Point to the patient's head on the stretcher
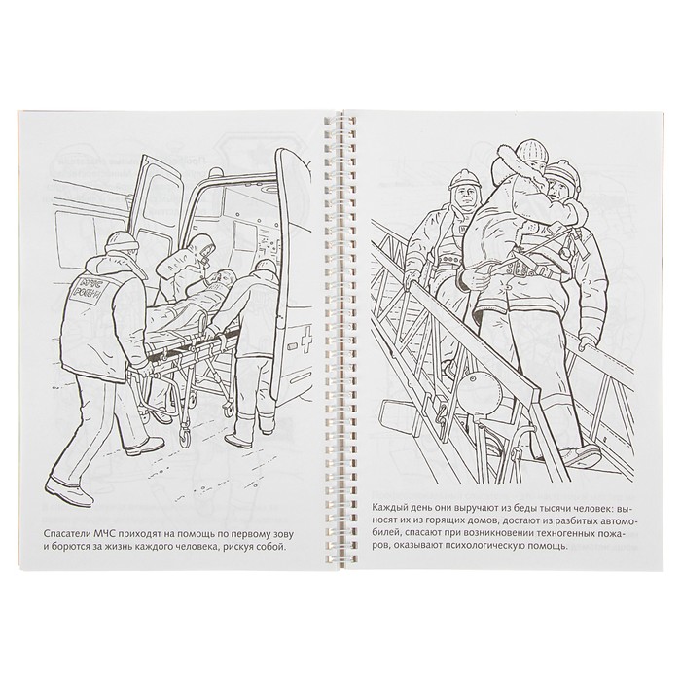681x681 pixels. [x=225, y=276]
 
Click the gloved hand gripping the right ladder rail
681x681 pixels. [x=590, y=343]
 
